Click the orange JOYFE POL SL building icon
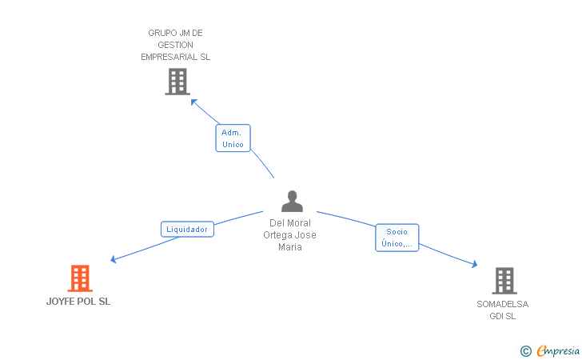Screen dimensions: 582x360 pos(80,278)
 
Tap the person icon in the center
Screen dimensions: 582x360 pos(292,201)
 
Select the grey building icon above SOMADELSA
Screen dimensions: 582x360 pos(504,281)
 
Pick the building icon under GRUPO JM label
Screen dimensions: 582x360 pos(177,82)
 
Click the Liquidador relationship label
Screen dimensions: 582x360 pos(187,230)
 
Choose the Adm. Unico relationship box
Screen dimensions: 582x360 pos(233,138)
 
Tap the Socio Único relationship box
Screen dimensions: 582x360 pos(397,238)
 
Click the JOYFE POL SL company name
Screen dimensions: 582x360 pos(78,302)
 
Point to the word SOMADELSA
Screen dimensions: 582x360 pos(503,304)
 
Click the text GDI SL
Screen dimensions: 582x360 pos(503,316)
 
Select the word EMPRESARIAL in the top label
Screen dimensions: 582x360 pos(169,57)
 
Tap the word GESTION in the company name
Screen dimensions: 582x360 pos(176,45)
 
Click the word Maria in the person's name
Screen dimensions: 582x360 pos(290,247)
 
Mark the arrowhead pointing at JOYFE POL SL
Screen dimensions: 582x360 pos(114,259)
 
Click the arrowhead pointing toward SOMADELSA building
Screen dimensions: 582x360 pos(474,264)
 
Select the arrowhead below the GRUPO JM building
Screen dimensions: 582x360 pos(193,102)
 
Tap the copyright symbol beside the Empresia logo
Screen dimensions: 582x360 pos(526,351)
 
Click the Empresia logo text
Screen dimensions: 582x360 pos(558,350)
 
